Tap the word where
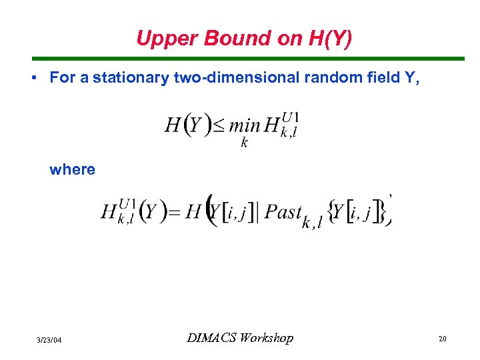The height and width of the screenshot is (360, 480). point(72,169)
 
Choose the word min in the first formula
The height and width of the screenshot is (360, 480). point(244,125)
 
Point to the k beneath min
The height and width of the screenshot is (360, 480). point(244,143)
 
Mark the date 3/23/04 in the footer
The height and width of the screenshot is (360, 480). point(49,340)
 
